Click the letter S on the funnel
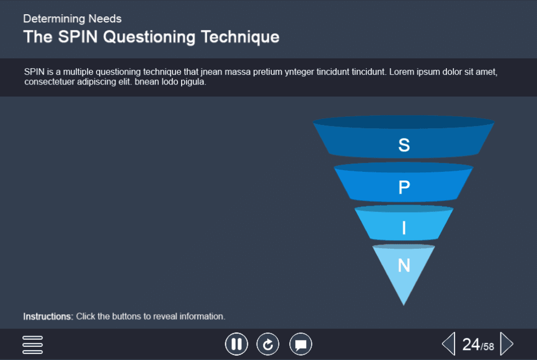pos(404,145)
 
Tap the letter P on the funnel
pos(404,187)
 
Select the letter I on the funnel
pos(404,228)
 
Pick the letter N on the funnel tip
pos(404,265)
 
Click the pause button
pos(236,344)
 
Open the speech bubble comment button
pos(301,344)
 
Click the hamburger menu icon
pos(33,345)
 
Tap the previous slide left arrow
pos(449,344)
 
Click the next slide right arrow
pos(507,344)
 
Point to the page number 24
pos(472,344)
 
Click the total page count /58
pos(487,346)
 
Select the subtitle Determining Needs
pos(72,19)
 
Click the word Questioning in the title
pos(149,37)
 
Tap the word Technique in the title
pos(240,37)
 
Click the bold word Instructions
pos(48,316)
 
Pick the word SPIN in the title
pos(77,37)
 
